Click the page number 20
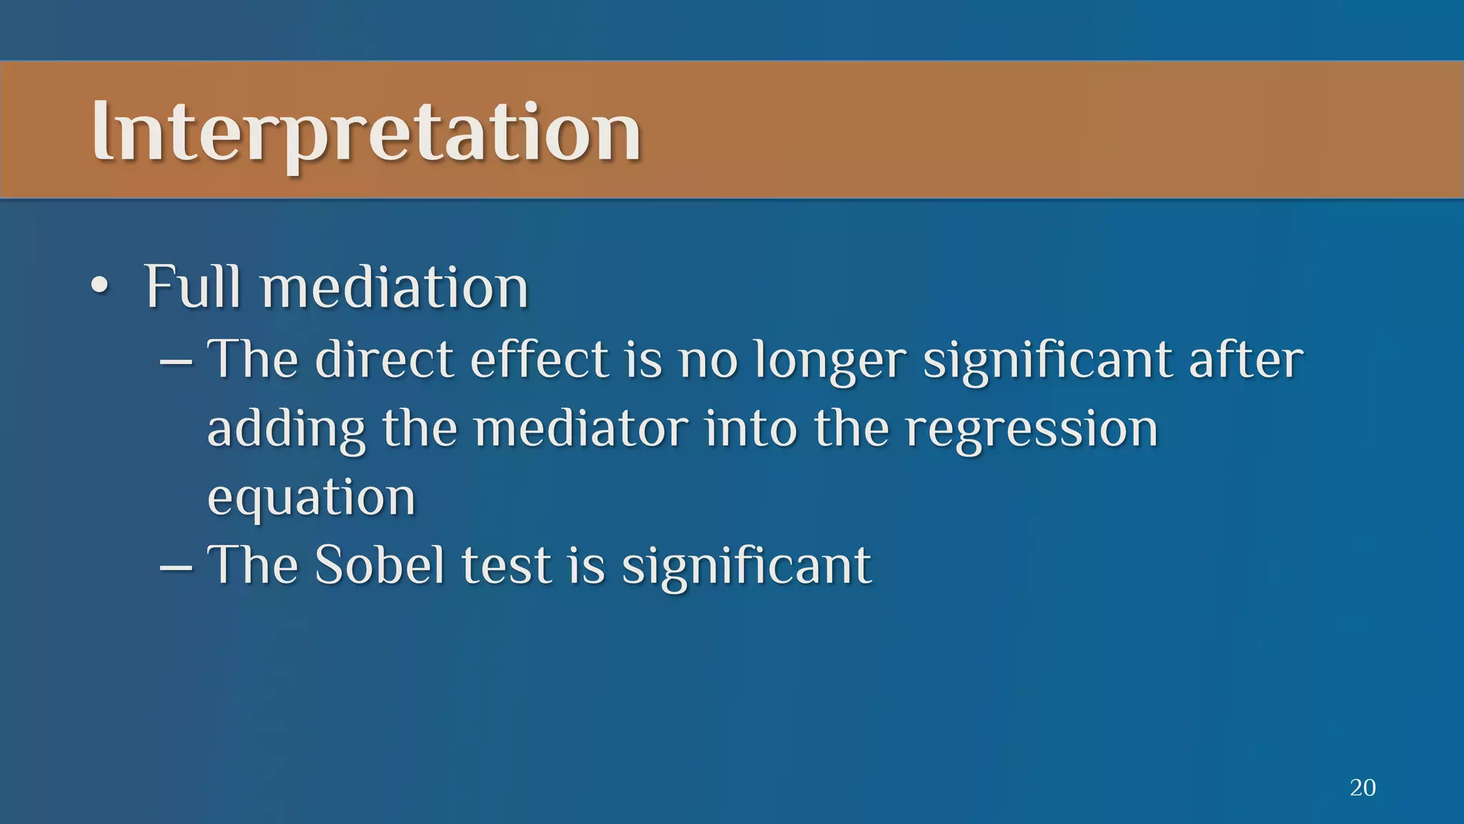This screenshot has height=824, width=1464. pyautogui.click(x=1362, y=788)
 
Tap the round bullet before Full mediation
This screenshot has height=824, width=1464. pyautogui.click(x=100, y=287)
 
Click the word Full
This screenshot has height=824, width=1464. pyautogui.click(x=192, y=287)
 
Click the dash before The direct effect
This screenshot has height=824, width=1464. pyautogui.click(x=176, y=361)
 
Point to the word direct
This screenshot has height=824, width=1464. pyautogui.click(x=384, y=359)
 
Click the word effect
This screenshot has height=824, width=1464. pyautogui.click(x=539, y=359)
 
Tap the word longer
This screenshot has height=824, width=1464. pyautogui.click(x=830, y=361)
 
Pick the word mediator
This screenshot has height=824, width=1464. pyautogui.click(x=581, y=429)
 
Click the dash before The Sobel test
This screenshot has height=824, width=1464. pyautogui.click(x=176, y=567)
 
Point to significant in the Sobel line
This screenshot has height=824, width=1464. pyautogui.click(x=746, y=566)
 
